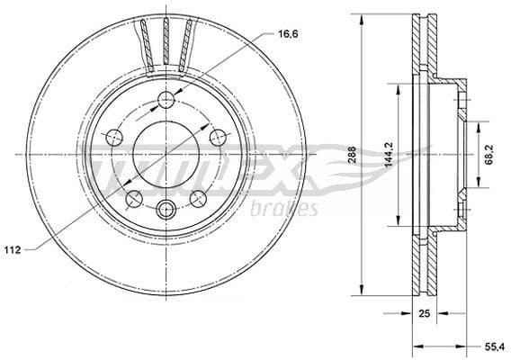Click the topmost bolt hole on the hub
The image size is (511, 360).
click(x=166, y=100)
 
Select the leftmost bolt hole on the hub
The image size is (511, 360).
click(x=114, y=138)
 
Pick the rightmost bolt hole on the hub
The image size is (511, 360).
click(x=217, y=137)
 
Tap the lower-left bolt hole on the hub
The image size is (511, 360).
click(x=133, y=197)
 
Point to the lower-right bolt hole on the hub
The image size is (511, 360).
click(x=197, y=197)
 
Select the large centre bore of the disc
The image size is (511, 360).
click(x=166, y=155)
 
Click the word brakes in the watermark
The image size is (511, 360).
click(x=287, y=210)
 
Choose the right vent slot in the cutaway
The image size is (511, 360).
click(x=187, y=44)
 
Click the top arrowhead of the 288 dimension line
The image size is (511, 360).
click(x=363, y=16)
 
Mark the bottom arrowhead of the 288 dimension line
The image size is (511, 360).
click(x=363, y=292)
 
